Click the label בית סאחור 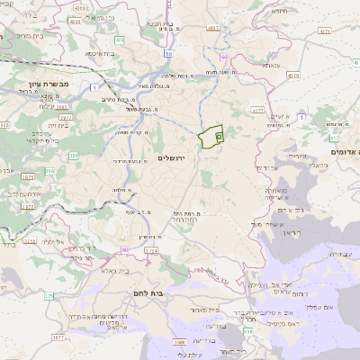click(199, 310)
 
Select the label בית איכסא click(99, 53)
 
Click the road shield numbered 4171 click(325, 31)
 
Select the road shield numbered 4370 click(334, 138)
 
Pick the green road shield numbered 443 click(120, 40)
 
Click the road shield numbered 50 click(169, 53)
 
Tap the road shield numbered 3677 click(58, 337)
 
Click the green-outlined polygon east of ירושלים click(211, 137)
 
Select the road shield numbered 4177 click(257, 111)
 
